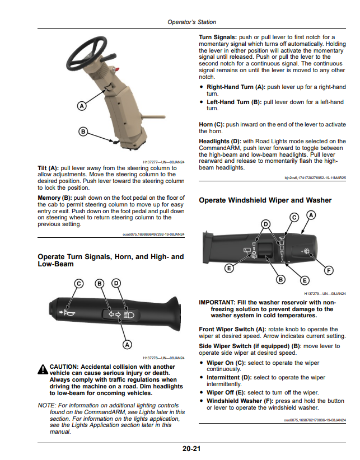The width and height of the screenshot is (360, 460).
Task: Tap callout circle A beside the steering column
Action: [x=82, y=106]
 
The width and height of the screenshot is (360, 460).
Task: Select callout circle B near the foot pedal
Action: [x=83, y=132]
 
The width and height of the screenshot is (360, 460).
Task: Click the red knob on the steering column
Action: [x=117, y=69]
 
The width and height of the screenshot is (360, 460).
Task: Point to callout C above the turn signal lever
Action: [x=78, y=284]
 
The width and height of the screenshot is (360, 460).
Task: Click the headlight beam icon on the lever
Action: [x=129, y=315]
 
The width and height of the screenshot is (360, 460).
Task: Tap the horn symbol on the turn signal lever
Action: [x=69, y=313]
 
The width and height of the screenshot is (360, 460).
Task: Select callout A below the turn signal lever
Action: [x=127, y=344]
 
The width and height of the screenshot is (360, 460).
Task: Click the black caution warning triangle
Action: [x=43, y=369]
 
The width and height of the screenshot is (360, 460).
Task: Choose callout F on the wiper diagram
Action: [x=329, y=270]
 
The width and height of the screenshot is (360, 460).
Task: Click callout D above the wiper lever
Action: [x=265, y=224]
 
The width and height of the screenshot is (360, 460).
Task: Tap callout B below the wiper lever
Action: [x=281, y=279]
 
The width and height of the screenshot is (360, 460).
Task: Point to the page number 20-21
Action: [x=191, y=449]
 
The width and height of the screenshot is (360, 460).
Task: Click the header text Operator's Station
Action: [x=192, y=22]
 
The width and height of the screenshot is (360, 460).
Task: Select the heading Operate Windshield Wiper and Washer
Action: [x=265, y=200]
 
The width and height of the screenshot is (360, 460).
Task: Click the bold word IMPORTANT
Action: [x=217, y=302]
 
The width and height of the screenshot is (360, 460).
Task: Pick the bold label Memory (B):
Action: [x=55, y=198]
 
